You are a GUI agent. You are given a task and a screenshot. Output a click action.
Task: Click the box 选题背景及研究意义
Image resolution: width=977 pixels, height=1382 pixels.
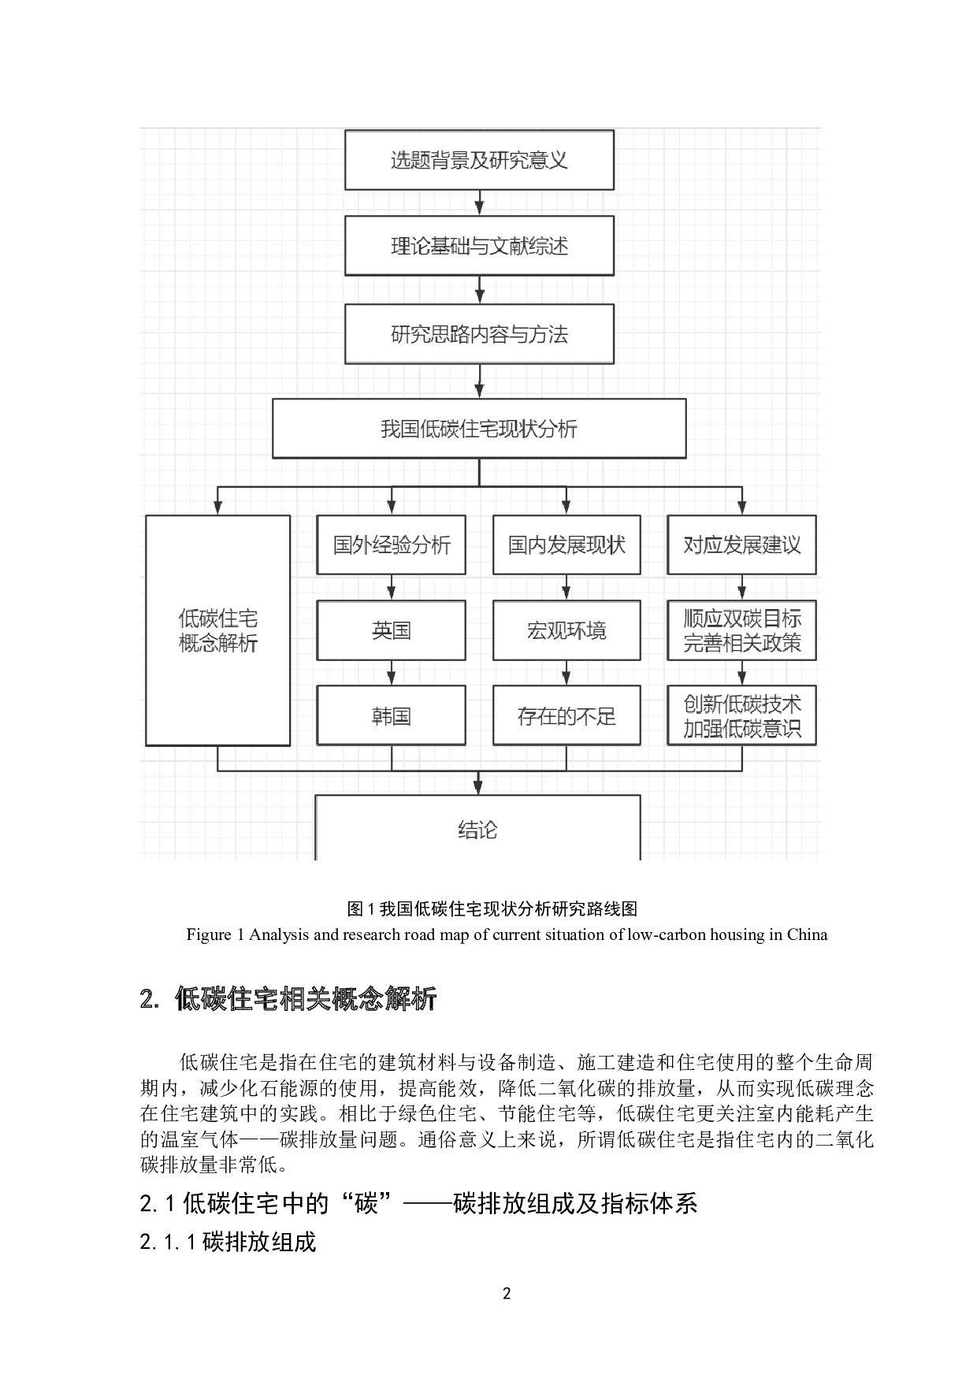(479, 160)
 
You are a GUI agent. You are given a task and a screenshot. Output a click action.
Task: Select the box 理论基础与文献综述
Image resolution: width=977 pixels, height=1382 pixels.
(479, 246)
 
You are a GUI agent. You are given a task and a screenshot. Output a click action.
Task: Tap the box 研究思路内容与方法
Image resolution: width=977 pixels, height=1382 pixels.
(479, 334)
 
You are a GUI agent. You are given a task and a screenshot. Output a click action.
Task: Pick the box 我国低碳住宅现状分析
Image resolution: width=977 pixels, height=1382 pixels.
(479, 429)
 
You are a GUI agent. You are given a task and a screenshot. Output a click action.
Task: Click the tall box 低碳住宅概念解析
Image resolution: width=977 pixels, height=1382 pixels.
(218, 630)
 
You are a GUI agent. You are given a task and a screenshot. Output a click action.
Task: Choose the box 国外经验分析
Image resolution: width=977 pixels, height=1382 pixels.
(392, 544)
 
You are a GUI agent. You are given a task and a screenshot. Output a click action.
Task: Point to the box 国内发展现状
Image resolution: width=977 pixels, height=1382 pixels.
(567, 544)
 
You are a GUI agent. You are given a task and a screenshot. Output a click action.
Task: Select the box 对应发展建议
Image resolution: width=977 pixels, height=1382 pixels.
(741, 544)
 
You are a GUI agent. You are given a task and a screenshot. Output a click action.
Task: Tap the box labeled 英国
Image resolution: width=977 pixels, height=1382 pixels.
(392, 630)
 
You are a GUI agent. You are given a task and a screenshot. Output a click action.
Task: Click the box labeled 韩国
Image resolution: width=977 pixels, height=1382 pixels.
(392, 715)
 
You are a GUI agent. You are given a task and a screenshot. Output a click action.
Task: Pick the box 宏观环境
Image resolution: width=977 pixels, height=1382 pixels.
(567, 630)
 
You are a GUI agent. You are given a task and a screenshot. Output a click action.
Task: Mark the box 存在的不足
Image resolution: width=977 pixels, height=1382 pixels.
(567, 715)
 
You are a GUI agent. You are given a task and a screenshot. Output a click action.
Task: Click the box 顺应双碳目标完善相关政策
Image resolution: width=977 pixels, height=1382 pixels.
(741, 630)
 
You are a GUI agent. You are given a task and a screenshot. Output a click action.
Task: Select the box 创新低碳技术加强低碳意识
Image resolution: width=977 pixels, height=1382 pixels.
(741, 715)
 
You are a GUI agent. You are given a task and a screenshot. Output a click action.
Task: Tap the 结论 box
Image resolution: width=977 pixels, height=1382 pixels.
(477, 828)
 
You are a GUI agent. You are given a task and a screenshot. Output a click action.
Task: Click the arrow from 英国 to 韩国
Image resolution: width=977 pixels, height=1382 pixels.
(392, 673)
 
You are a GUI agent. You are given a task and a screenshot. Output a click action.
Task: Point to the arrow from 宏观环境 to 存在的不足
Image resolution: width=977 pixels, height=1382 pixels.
(567, 673)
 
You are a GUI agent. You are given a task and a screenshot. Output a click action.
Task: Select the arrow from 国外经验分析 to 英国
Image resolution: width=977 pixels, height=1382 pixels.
(392, 588)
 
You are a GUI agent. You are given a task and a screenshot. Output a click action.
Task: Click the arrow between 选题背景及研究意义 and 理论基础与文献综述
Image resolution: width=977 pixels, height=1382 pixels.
(479, 203)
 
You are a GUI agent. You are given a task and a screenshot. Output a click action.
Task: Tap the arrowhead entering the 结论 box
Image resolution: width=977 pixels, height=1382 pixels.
(477, 787)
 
